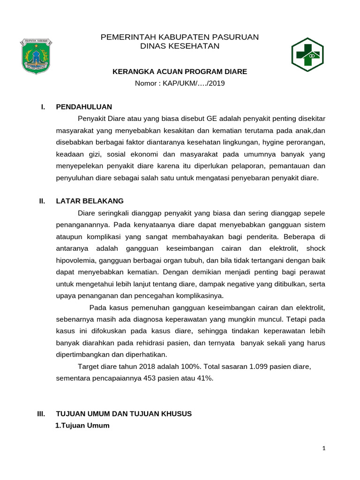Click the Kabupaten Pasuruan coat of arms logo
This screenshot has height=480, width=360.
click(x=36, y=56)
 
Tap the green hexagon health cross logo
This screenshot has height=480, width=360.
click(x=307, y=54)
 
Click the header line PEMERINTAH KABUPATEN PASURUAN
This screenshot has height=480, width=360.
click(x=180, y=37)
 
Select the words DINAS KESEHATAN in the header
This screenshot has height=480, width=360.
click(x=180, y=46)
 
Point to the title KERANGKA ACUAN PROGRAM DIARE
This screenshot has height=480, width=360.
click(x=180, y=72)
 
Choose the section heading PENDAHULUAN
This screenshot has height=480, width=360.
click(x=84, y=107)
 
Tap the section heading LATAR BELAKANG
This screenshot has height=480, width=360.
click(x=90, y=201)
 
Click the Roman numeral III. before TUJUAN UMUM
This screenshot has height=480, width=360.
click(x=41, y=414)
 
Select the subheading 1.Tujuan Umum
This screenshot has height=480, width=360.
click(x=82, y=426)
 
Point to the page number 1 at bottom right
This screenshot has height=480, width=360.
click(x=323, y=449)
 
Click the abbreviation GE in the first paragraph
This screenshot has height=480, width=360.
click(x=199, y=118)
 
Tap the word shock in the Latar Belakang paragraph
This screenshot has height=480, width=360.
click(x=315, y=248)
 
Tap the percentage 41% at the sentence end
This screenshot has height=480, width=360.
click(x=204, y=378)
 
